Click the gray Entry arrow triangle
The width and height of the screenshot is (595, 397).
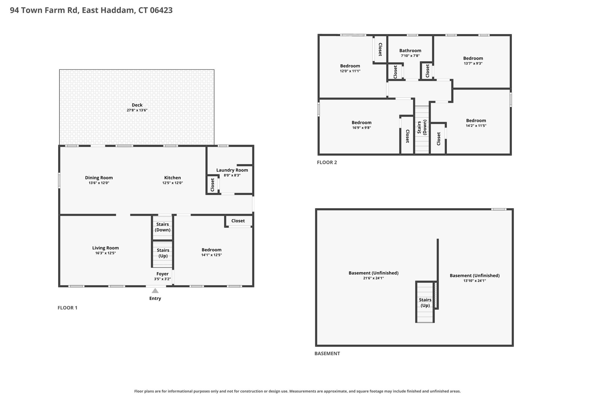155,291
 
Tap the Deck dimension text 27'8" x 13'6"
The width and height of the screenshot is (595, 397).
137,110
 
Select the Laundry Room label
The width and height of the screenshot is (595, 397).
232,170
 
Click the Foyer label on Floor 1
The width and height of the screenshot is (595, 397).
162,274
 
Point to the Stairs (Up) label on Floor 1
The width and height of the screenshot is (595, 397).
163,253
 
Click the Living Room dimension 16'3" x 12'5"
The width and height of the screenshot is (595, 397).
105,253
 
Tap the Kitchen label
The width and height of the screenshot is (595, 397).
173,178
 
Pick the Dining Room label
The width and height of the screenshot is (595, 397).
99,178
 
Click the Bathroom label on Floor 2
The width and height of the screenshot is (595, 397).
410,51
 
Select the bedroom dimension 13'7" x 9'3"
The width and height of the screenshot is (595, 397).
473,63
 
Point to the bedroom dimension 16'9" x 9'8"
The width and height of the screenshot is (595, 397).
361,128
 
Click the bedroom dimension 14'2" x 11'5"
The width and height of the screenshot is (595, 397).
476,126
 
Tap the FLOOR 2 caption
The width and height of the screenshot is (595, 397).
327,162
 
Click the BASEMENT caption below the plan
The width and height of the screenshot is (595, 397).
327,354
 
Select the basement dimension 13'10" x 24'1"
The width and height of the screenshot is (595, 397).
475,281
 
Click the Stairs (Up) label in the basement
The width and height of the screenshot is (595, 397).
425,302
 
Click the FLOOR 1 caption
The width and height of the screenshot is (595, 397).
67,308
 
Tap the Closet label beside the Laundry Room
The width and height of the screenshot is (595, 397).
212,185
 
